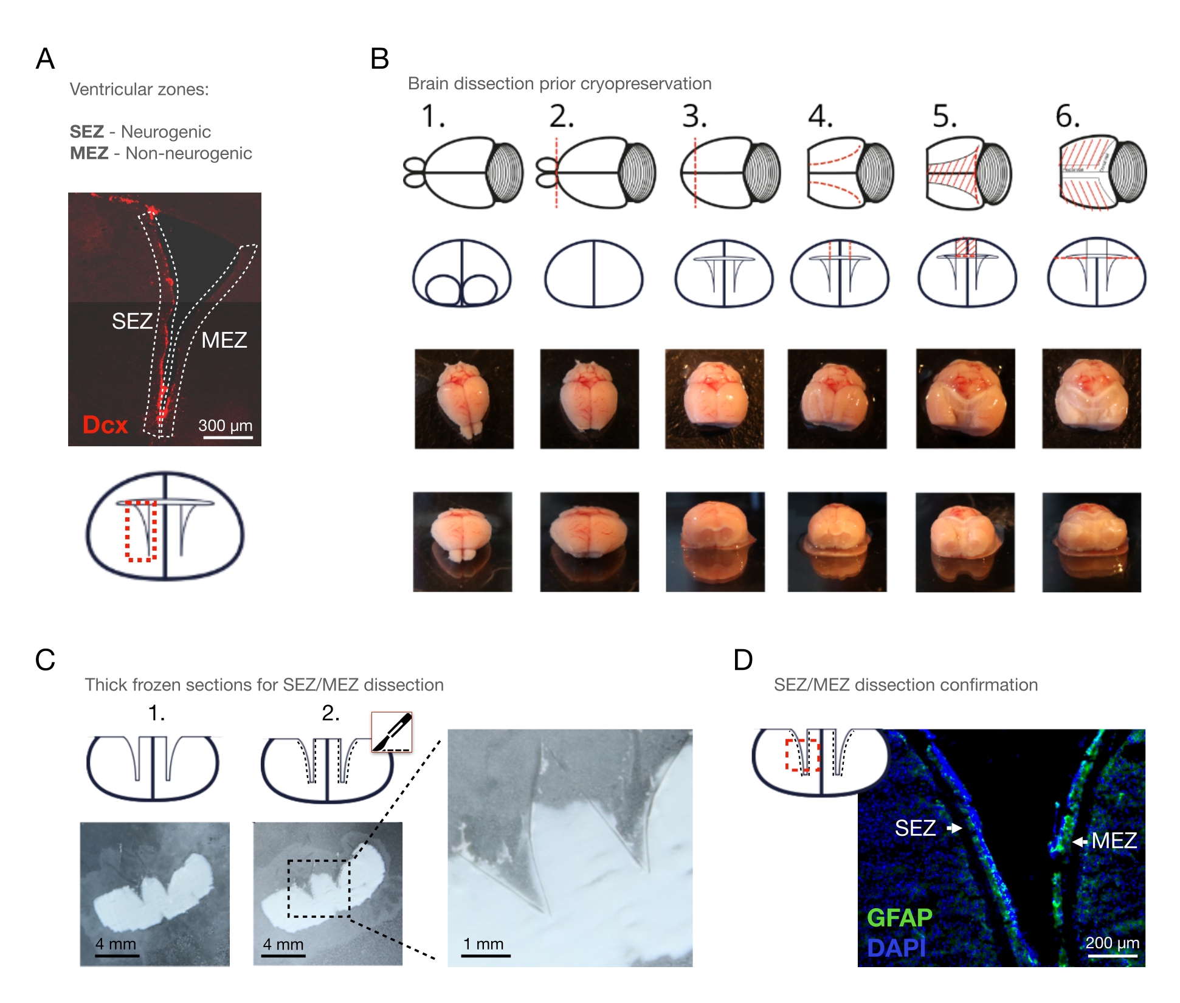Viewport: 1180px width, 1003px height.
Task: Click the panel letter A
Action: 46,60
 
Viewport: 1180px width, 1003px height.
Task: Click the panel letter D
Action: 743,660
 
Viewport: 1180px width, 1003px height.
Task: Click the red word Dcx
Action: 105,425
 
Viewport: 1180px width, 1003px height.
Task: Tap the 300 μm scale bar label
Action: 225,425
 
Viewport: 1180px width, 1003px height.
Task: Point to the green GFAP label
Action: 899,917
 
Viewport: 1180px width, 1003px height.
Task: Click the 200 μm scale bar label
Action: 1112,943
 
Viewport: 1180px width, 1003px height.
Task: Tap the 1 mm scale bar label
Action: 483,944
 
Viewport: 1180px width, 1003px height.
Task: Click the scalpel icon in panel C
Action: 392,732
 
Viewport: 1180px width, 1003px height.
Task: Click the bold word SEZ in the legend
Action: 87,132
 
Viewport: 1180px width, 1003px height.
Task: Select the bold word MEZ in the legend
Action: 89,153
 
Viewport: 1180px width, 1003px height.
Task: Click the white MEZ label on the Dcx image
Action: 224,340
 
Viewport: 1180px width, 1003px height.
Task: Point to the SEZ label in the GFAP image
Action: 915,828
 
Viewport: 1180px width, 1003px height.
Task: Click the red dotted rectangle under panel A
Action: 141,531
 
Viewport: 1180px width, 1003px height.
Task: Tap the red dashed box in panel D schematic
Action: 802,756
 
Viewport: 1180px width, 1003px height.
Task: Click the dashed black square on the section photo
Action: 319,888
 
